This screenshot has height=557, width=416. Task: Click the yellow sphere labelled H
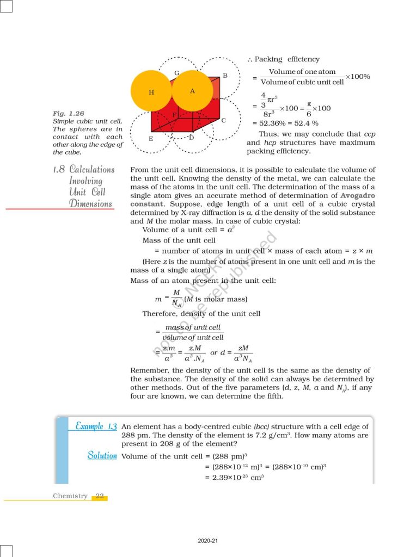click(x=151, y=91)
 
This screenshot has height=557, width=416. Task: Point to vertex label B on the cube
click(x=225, y=75)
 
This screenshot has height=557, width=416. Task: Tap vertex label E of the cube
click(x=151, y=139)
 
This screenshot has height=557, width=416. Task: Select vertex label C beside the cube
click(x=223, y=120)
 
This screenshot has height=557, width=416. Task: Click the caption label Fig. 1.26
click(x=68, y=113)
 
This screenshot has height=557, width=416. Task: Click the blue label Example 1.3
click(x=93, y=425)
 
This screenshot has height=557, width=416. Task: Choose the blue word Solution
click(x=102, y=455)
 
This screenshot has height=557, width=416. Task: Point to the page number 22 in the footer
click(x=100, y=496)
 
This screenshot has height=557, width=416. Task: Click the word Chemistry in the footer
click(x=70, y=496)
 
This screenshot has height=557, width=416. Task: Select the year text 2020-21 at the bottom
click(x=208, y=541)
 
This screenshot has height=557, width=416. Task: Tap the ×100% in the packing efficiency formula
click(x=357, y=77)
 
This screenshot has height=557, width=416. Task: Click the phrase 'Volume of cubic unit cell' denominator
click(x=302, y=82)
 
